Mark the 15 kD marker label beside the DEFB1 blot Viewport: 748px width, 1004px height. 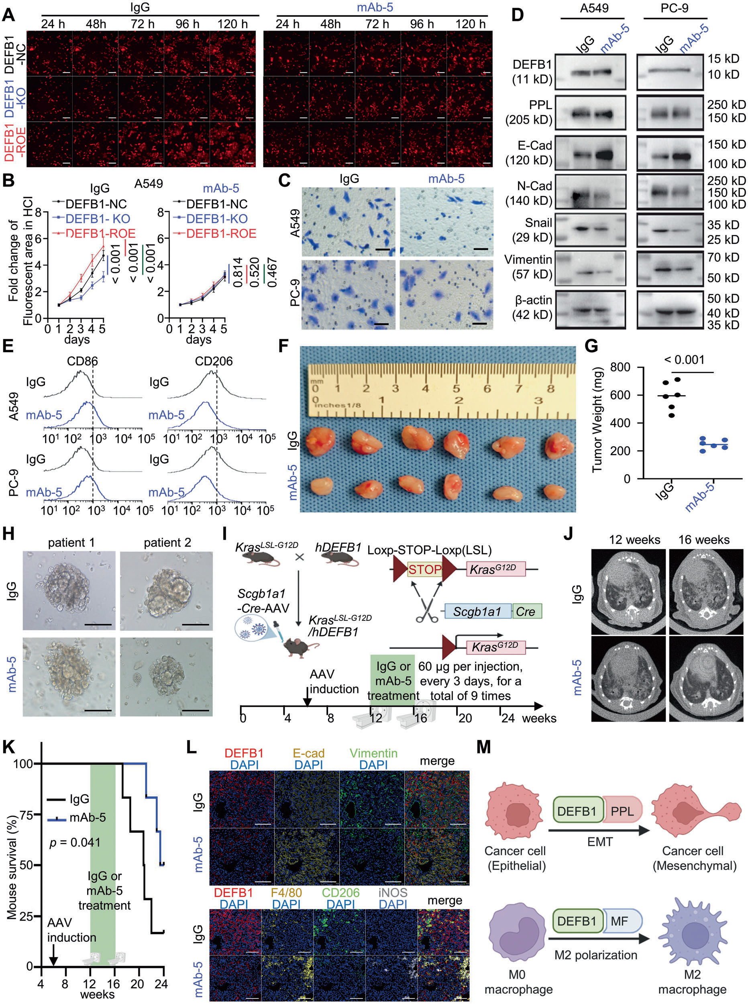click(724, 59)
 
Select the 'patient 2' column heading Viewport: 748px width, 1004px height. click(167, 543)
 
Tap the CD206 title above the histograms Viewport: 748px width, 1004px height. click(214, 361)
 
